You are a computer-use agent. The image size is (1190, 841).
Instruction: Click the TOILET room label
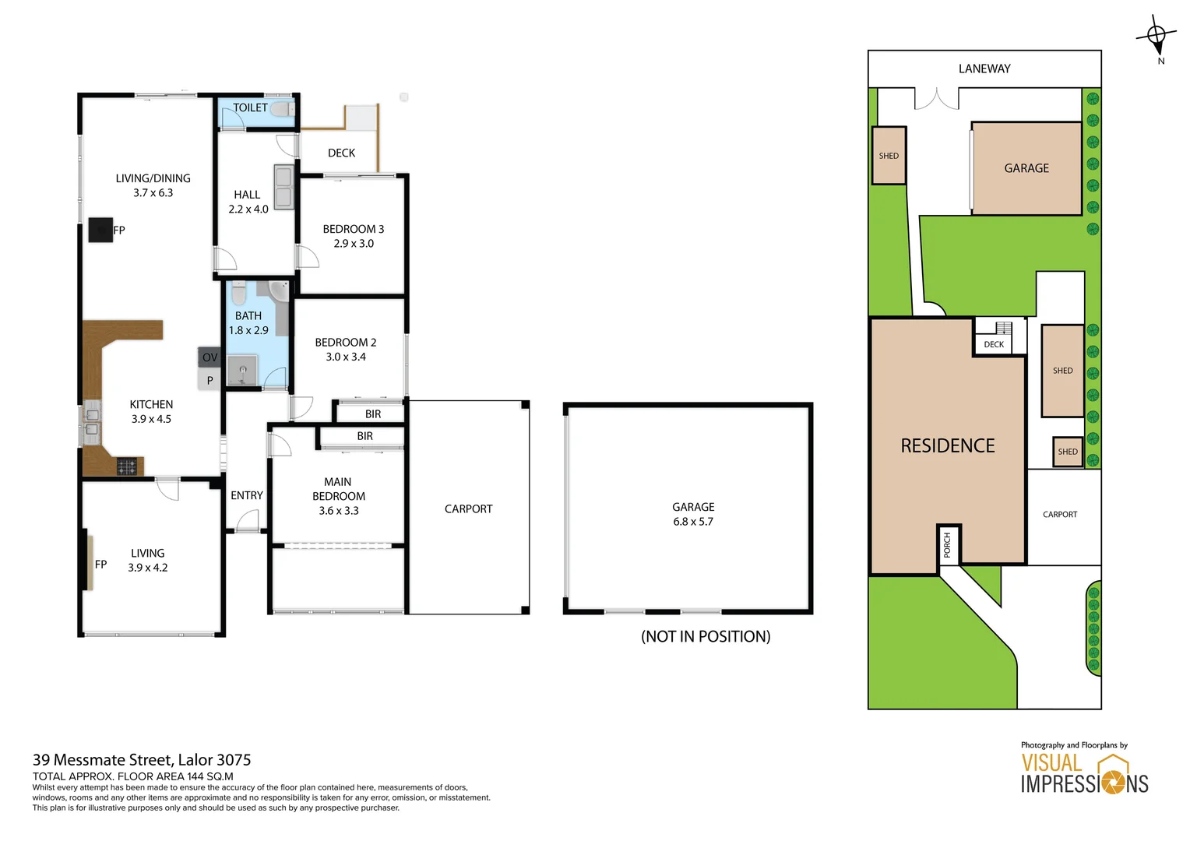pos(250,107)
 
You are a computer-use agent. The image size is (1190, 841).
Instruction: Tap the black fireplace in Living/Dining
pos(100,230)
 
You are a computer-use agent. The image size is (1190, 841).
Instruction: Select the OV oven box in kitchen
pos(209,357)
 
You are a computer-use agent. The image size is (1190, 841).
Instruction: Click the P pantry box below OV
pos(209,380)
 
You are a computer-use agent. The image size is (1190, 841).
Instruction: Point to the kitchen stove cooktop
pos(127,466)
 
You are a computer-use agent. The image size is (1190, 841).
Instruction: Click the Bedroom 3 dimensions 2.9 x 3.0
pos(354,244)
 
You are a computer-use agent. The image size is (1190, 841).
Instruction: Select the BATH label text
pos(248,315)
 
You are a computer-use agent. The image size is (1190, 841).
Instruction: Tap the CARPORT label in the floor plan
pos(468,509)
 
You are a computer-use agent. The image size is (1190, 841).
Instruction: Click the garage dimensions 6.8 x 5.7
pos(693,522)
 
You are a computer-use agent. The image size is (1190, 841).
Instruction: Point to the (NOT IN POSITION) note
pos(706,636)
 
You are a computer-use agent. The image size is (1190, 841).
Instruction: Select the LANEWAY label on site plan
pos(984,69)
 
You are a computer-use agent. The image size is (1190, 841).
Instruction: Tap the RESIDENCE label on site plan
pos(948,445)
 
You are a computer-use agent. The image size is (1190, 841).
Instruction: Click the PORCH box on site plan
pos(948,544)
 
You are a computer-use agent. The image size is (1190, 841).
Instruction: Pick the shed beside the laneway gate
pos(889,156)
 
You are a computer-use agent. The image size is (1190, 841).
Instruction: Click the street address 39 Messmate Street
pos(142,760)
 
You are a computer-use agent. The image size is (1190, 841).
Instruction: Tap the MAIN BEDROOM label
pos(338,489)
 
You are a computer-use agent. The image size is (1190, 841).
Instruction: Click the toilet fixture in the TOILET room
pos(282,109)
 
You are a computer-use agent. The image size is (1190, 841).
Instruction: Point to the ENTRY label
pos(247,495)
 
